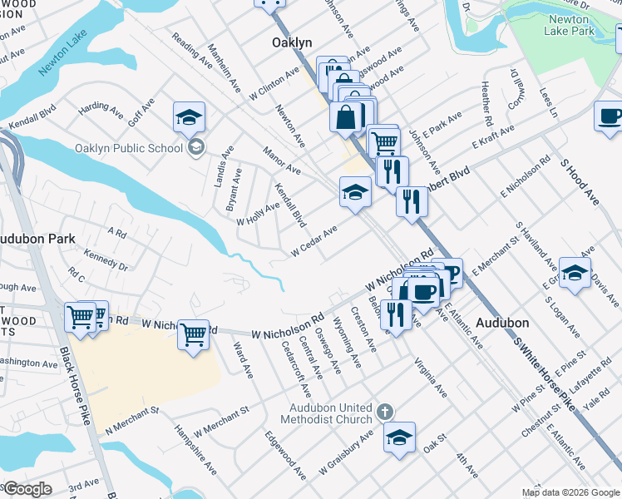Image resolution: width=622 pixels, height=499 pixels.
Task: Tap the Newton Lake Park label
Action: [570, 24]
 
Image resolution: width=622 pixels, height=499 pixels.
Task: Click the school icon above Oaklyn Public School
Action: [190, 117]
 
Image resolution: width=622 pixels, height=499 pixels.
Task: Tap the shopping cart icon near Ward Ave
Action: [193, 335]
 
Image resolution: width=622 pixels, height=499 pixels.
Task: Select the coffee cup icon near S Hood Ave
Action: [610, 116]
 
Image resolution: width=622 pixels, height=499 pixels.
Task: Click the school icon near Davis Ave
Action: [575, 273]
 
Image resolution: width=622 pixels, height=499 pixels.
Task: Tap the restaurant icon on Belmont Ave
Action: [396, 314]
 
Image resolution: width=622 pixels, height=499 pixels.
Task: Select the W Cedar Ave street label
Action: [313, 241]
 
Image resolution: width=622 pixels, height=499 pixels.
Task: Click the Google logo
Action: [27, 489]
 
